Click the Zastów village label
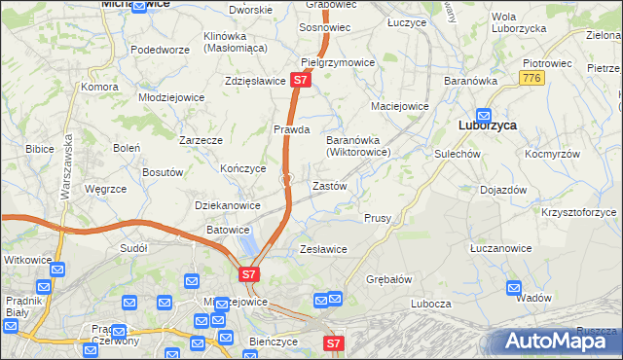tap(329, 185)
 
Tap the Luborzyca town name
tap(486, 125)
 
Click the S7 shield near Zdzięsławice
tap(302, 82)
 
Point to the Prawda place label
tap(291, 128)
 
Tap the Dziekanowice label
tap(228, 205)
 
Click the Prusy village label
tap(378, 218)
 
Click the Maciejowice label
tap(400, 106)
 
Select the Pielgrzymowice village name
tap(338, 62)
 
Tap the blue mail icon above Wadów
tap(514, 287)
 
